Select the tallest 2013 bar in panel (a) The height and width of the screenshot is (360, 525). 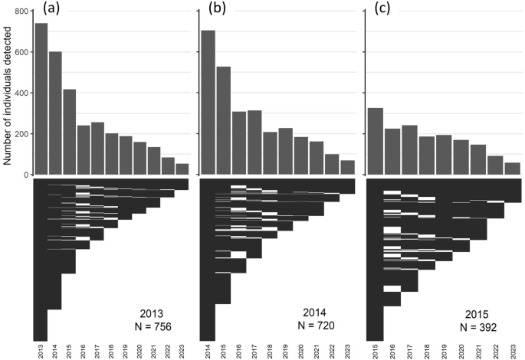coord(41,99)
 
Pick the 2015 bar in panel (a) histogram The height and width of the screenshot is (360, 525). coord(69,132)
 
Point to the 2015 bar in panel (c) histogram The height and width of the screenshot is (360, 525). coord(375,141)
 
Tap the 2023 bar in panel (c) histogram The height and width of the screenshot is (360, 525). coord(514,169)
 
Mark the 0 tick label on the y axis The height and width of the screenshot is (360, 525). coord(27,175)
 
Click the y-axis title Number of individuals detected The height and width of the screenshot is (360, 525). coord(7,92)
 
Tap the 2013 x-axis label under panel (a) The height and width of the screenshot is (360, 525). coord(41,351)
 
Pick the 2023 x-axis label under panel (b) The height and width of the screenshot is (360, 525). coord(347,351)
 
